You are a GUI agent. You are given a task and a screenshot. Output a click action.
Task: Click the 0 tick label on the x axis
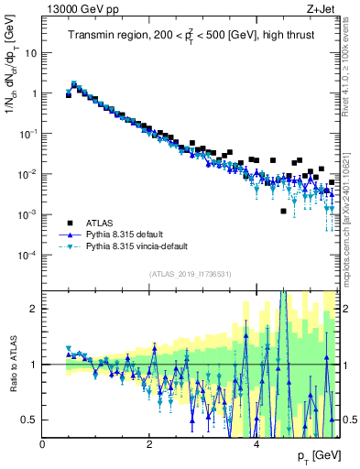tap(43, 443)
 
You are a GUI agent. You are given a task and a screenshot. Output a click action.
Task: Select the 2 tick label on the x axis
tap(149, 443)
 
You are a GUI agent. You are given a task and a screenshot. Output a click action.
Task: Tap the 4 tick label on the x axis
tap(256, 443)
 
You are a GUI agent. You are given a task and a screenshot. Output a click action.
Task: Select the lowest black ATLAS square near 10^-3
tap(283, 211)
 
